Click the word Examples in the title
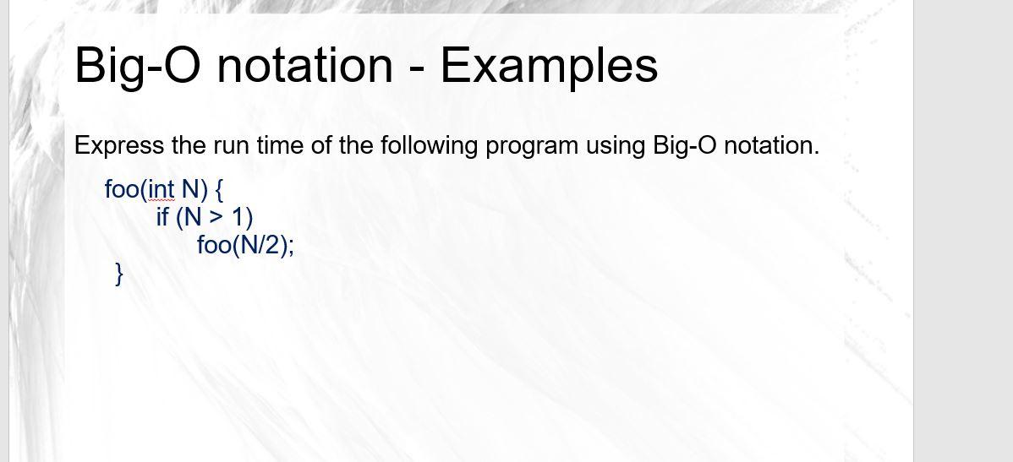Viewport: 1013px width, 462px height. coord(549,65)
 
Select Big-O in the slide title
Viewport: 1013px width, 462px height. coord(135,65)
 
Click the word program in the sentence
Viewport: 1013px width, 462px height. coord(527,146)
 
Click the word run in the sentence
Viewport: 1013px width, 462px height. coord(227,145)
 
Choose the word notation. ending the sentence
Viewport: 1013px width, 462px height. coord(772,145)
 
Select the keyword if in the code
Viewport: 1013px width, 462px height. coord(162,217)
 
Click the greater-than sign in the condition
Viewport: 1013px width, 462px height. coord(217,218)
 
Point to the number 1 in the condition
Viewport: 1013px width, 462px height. coord(239,217)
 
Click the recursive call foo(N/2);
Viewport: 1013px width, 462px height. coord(245,246)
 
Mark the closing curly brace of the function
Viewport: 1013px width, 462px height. coord(119,274)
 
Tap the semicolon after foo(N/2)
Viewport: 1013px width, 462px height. coord(292,247)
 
